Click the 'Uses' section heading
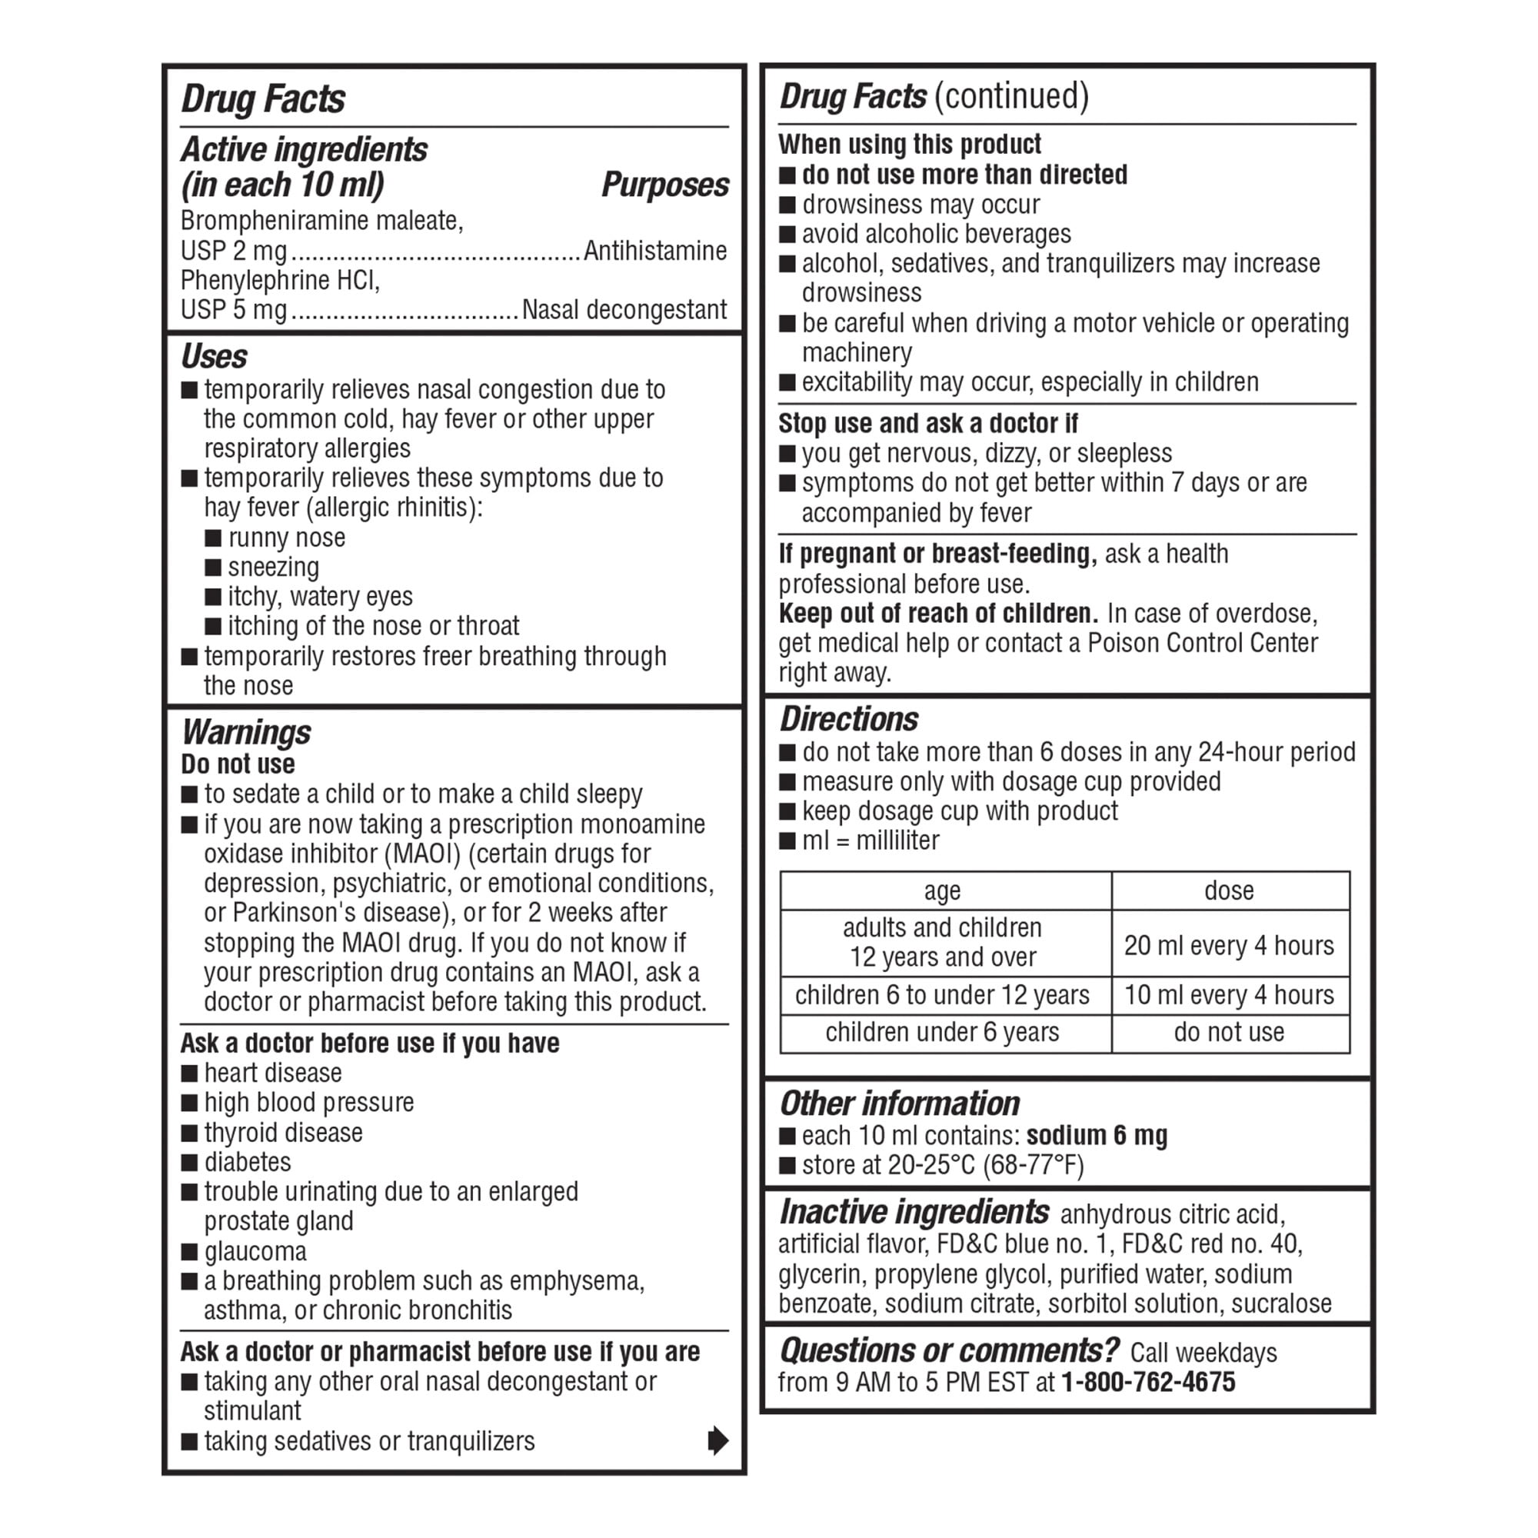pyautogui.click(x=214, y=357)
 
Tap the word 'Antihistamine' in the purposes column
pyautogui.click(x=654, y=251)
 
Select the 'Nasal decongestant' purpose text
pyautogui.click(x=624, y=310)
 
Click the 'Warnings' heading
pyautogui.click(x=246, y=731)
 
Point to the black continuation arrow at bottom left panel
pyautogui.click(x=717, y=1440)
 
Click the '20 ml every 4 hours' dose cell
pyautogui.click(x=1228, y=945)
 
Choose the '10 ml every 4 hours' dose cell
pyautogui.click(x=1228, y=994)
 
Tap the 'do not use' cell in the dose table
pyautogui.click(x=1228, y=1032)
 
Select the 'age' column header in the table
pyautogui.click(x=943, y=891)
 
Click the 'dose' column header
pyautogui.click(x=1228, y=891)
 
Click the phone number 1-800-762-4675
pyautogui.click(x=1148, y=1382)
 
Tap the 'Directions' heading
pyautogui.click(x=849, y=719)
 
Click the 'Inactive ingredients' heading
pyautogui.click(x=914, y=1212)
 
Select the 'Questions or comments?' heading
pyautogui.click(x=949, y=1350)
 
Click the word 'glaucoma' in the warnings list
pyautogui.click(x=255, y=1251)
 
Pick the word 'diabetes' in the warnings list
pyautogui.click(x=248, y=1162)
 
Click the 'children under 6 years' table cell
pyautogui.click(x=943, y=1032)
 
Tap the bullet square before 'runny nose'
pyautogui.click(x=213, y=538)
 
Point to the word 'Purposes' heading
pyautogui.click(x=664, y=185)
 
